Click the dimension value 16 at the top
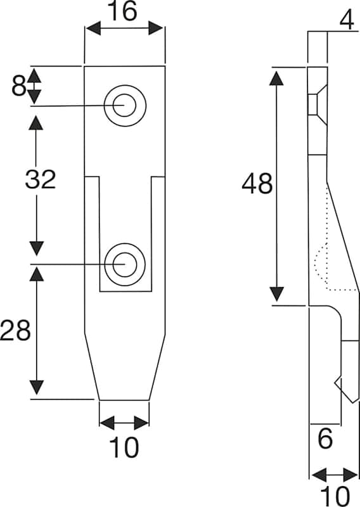point(124,11)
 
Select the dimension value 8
point(18,86)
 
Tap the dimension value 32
point(41,179)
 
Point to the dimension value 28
point(15,330)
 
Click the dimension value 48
point(257,183)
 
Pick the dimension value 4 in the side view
point(347,20)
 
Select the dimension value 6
point(325,439)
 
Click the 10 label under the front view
point(124,447)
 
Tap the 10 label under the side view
point(335,496)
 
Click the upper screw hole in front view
point(125,106)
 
